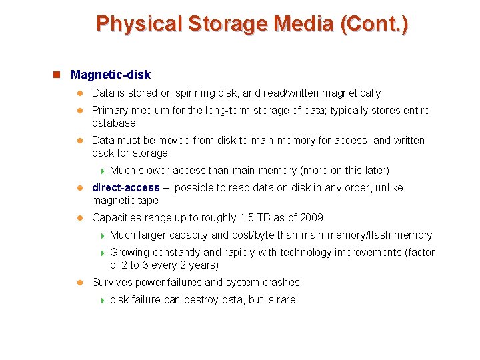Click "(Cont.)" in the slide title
pos(373,24)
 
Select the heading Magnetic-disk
pos(111,75)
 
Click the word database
pos(114,123)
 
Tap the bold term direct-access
pos(126,188)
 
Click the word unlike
pos(387,188)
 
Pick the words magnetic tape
pos(125,201)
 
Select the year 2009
pos(311,218)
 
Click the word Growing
pos(129,253)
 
